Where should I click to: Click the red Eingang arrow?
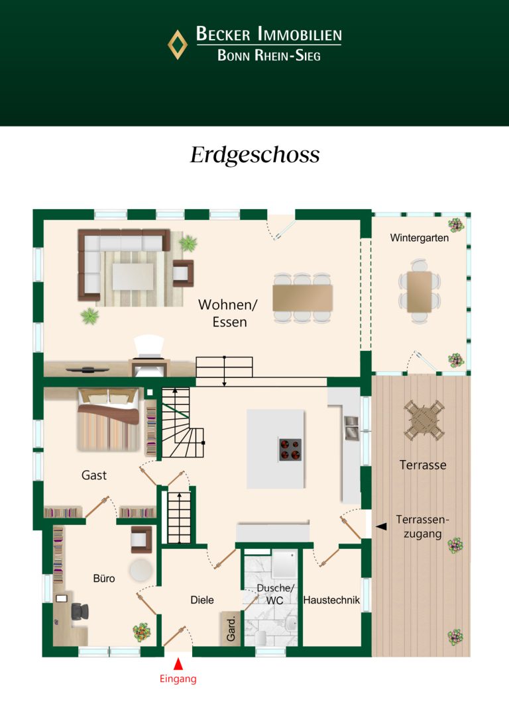(x=178, y=663)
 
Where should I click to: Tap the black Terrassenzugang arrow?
(x=381, y=527)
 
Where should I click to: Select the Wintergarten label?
(x=419, y=238)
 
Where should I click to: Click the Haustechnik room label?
(x=331, y=600)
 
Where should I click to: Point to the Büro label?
(x=104, y=578)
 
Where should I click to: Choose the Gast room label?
(x=94, y=475)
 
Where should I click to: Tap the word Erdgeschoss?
(x=254, y=155)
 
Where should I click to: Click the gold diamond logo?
(x=178, y=44)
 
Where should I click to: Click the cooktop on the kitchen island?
(x=290, y=450)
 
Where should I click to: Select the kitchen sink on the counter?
(x=351, y=428)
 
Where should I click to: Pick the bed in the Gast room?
(x=108, y=420)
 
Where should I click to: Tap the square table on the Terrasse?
(x=424, y=420)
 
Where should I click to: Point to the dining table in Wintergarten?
(x=420, y=291)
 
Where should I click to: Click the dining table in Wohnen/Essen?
(x=302, y=298)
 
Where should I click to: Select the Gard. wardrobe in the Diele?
(x=231, y=629)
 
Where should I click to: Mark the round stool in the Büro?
(x=141, y=570)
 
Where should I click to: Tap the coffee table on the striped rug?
(x=133, y=276)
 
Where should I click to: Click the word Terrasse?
(x=423, y=465)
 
